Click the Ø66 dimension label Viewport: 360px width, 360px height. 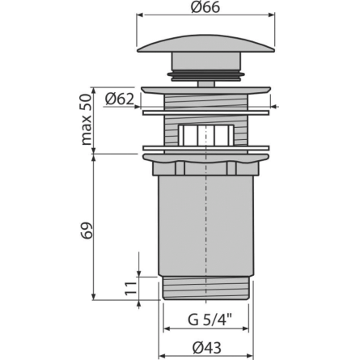(x=205, y=7)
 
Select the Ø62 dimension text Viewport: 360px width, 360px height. (x=120, y=99)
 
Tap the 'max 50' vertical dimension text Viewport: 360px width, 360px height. (x=87, y=120)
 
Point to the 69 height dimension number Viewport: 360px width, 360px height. (x=87, y=230)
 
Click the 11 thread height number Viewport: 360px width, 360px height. (x=131, y=288)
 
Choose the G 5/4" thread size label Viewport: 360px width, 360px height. (x=210, y=320)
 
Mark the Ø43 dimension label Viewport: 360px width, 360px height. (x=207, y=348)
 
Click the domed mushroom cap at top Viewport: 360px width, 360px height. (x=206, y=43)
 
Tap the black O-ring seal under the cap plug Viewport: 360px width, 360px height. (x=206, y=75)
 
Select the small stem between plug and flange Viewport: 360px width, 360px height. (x=206, y=83)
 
